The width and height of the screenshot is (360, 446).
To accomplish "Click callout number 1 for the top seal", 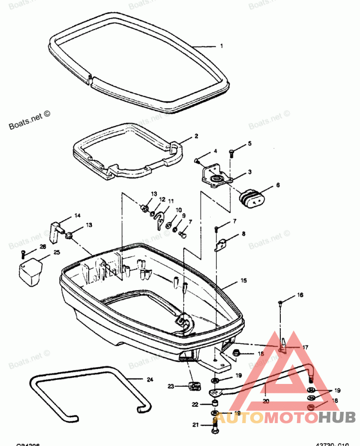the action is (x=221, y=46).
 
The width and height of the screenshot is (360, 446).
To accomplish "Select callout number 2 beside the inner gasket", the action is (x=196, y=135).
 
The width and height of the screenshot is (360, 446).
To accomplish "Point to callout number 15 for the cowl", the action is (x=243, y=281).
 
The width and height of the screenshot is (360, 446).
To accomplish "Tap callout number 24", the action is (x=150, y=379).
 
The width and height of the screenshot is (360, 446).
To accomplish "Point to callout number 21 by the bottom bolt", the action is (x=196, y=425).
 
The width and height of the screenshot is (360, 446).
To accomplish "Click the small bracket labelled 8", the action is (x=221, y=244).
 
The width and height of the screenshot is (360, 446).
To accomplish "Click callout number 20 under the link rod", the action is (x=265, y=401).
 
